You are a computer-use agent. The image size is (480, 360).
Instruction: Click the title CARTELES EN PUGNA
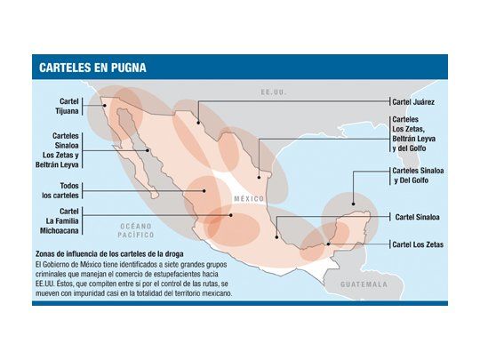[93, 68]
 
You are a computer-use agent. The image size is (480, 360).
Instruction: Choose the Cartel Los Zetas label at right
[419, 244]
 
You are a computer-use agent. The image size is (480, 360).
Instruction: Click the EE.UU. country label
[269, 92]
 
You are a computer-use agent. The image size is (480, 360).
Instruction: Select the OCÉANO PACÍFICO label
[137, 231]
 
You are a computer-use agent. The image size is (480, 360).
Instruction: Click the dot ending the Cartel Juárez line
[198, 123]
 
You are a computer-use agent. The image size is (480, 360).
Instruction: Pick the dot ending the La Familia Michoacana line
[232, 214]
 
